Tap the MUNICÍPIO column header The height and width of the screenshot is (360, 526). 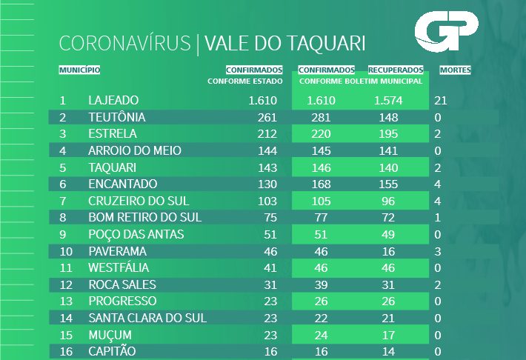79,70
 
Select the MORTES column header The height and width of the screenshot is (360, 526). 455,70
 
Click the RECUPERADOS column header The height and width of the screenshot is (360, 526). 396,70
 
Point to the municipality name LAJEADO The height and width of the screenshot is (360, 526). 113,100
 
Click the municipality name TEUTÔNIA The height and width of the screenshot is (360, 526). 116,117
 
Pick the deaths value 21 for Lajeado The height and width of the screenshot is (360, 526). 442,100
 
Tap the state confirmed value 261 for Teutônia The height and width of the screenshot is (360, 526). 266,117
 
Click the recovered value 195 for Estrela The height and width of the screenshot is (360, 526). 388,134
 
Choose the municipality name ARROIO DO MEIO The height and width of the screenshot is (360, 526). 134,151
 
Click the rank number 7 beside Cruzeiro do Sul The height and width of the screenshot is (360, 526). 63,201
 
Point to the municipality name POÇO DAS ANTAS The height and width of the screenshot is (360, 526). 136,234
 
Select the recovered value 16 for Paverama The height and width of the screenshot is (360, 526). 388,252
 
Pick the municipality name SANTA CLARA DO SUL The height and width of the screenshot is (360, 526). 147,318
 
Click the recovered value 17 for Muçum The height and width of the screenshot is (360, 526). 388,335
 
